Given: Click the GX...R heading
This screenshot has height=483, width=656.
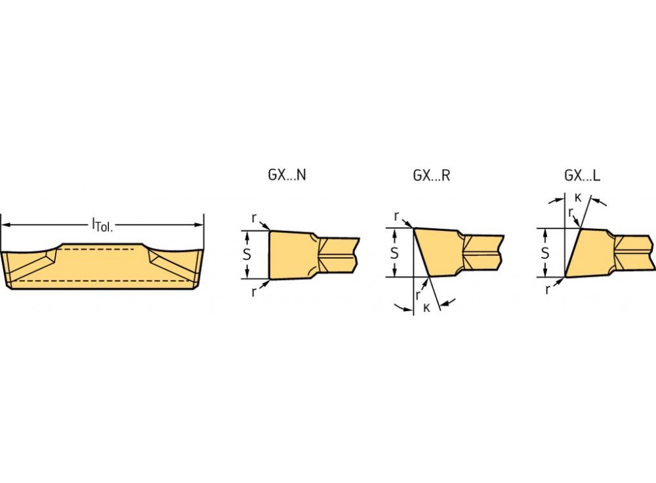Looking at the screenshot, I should (431, 175).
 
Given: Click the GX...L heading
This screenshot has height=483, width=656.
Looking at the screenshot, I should (582, 175).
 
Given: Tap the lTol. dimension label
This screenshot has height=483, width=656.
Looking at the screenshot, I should (102, 226).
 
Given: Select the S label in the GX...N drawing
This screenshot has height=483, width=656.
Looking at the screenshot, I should (247, 255).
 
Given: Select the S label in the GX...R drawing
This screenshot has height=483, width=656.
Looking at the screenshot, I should (394, 253).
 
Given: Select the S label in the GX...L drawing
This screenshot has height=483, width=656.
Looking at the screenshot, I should (544, 253).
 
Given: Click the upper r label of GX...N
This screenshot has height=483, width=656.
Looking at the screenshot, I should (253, 217).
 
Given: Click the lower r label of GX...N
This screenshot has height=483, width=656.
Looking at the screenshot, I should (253, 292).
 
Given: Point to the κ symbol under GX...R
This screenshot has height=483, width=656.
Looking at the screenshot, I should (426, 308).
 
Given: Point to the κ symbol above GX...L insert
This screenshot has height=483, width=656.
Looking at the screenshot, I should (577, 196).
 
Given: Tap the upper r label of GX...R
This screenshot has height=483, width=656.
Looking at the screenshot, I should (396, 215).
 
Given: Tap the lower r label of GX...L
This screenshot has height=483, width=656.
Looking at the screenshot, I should (548, 289).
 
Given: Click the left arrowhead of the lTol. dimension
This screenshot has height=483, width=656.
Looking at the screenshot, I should (5, 225).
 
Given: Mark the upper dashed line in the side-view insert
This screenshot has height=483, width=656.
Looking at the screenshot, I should (102, 250).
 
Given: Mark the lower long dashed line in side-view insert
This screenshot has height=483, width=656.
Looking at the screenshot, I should (102, 280).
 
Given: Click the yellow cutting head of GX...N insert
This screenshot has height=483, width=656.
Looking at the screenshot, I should (292, 255).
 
